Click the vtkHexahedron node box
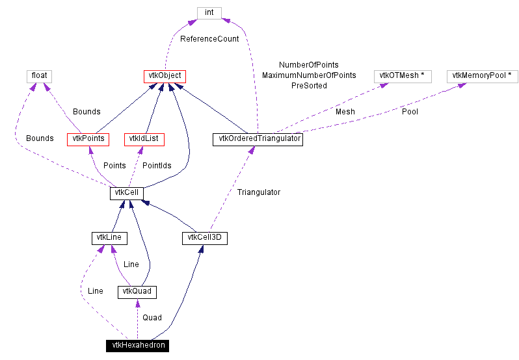tap(138, 345)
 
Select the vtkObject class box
tap(165, 76)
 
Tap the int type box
tap(209, 12)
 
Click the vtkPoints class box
tap(86, 138)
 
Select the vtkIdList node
tap(144, 138)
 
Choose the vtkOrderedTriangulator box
tap(258, 138)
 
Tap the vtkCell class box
tap(126, 193)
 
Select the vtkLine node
tap(109, 238)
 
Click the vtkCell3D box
tap(204, 238)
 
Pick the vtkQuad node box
tap(137, 291)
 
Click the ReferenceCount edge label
tap(209, 39)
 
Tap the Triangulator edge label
tap(258, 192)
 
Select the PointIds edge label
tap(157, 166)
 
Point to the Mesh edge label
tap(345, 112)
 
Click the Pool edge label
tap(410, 112)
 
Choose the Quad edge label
tap(152, 318)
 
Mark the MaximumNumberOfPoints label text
tap(309, 75)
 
